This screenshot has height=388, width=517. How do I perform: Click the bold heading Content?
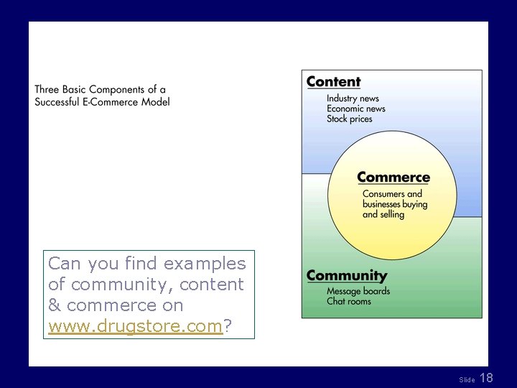pos(333,82)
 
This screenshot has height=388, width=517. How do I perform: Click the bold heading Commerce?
pos(393,177)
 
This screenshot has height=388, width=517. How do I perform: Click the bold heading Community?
pos(346,276)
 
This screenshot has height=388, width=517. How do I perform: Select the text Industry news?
pos(353,98)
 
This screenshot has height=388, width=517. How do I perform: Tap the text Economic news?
pos(356,108)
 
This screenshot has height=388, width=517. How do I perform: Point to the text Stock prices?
pos(350,119)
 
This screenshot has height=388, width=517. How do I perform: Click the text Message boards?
pos(358,291)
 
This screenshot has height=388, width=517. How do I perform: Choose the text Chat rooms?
pos(348,301)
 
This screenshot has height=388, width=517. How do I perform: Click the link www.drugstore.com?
pos(136,326)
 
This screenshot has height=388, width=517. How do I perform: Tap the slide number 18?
pos(486,378)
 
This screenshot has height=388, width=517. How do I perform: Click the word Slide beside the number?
pos(467,379)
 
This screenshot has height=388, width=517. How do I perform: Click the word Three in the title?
pos(47,90)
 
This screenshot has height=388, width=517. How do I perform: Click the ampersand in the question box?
pos(55,305)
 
